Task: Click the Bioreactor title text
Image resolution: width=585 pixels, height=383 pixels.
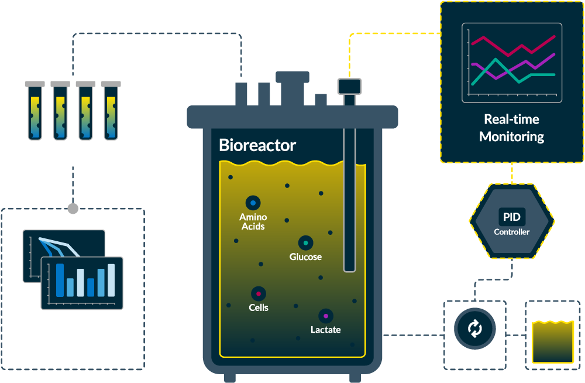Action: (257, 145)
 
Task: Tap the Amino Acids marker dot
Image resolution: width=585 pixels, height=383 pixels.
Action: (253, 203)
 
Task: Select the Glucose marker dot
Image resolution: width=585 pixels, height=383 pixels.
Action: (305, 243)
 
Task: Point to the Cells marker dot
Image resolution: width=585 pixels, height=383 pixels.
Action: (259, 293)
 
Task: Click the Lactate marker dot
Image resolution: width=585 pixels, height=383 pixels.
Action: (326, 316)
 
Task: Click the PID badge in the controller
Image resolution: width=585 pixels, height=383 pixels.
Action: (512, 217)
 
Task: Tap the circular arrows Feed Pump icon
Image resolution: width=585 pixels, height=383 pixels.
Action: (474, 329)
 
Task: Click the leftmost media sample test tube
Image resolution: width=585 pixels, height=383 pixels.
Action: (35, 111)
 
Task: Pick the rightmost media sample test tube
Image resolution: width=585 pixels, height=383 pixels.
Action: (111, 111)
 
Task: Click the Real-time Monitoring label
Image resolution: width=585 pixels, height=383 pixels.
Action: (512, 128)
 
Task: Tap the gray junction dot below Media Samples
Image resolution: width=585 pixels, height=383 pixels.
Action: (73, 208)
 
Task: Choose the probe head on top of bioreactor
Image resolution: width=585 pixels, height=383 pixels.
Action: (349, 86)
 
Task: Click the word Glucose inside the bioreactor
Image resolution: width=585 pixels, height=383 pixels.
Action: (305, 257)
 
